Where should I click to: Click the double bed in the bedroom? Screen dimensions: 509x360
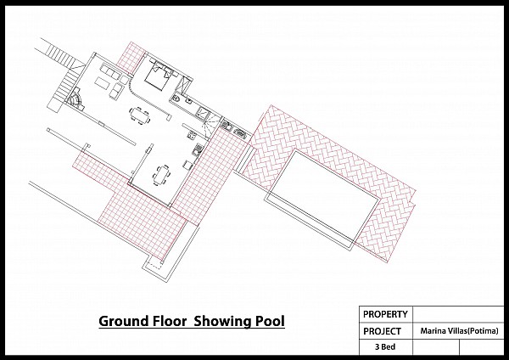[159, 76]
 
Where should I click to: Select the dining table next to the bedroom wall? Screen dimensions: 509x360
[140, 115]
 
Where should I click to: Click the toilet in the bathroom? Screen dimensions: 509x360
[176, 98]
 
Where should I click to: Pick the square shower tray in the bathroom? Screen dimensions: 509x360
[204, 113]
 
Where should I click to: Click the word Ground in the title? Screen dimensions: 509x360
[124, 321]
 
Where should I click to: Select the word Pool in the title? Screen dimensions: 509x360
[270, 321]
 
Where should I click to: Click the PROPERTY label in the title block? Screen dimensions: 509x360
[385, 314]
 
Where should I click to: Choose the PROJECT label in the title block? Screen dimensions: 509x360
[382, 331]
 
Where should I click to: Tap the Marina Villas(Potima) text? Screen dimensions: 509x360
[459, 331]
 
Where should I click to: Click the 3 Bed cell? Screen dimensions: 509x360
[386, 347]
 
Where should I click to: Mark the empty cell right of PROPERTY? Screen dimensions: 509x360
[458, 314]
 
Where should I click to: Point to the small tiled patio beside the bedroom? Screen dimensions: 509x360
[130, 57]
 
